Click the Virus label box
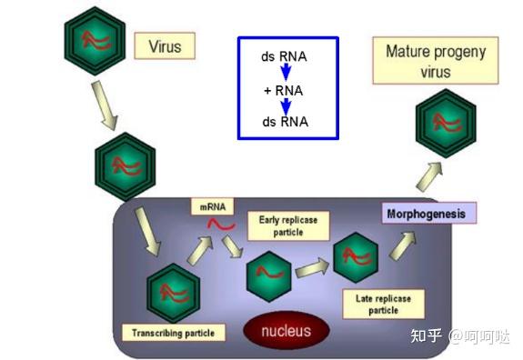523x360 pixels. [x=165, y=45]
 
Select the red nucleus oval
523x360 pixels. [x=287, y=330]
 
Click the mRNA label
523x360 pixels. [x=212, y=206]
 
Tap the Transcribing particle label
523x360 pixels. [x=173, y=333]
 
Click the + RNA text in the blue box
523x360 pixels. [x=284, y=89]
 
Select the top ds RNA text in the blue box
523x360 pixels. [x=284, y=57]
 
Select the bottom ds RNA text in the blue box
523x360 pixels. [x=284, y=122]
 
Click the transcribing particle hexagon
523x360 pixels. [x=174, y=292]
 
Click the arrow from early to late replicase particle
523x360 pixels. [x=311, y=268]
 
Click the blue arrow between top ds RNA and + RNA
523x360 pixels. [x=285, y=73]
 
